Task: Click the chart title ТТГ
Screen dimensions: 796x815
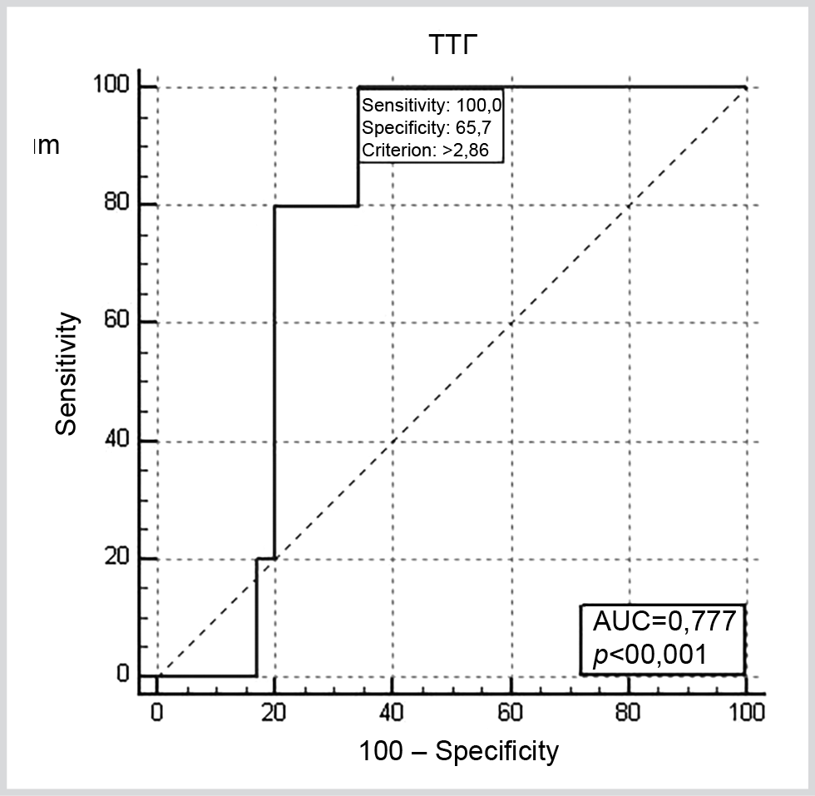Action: [x=453, y=47]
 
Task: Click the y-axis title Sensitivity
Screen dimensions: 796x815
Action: [x=68, y=373]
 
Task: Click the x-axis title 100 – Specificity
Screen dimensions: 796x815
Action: [x=459, y=752]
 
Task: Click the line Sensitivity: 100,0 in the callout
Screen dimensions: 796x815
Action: [x=432, y=105]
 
